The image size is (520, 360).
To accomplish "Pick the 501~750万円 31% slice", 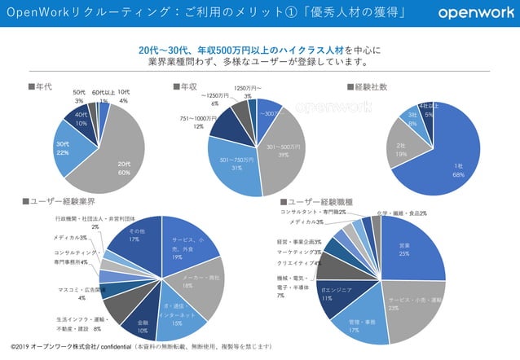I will click(236, 167).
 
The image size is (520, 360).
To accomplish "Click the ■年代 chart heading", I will click(41, 86).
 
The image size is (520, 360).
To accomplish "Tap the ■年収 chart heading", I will click(185, 86).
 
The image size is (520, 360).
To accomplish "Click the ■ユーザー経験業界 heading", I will click(59, 201).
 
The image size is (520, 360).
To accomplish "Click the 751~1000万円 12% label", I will click(198, 121).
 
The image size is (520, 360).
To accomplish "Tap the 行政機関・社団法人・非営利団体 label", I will click(95, 222).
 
